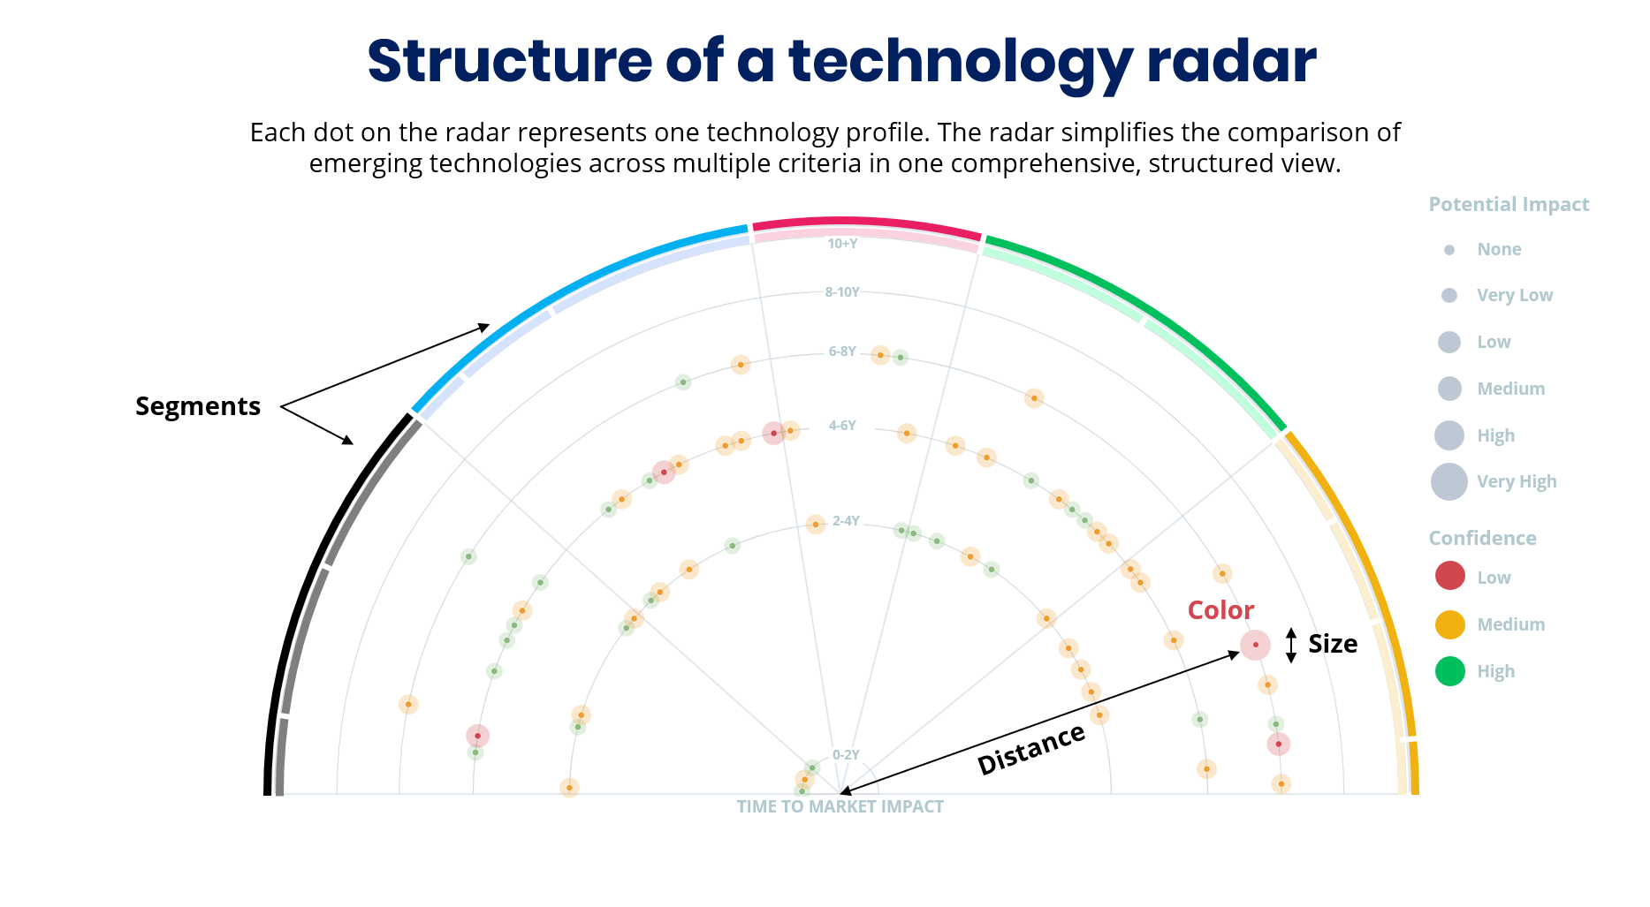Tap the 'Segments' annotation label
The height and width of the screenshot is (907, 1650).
pos(198,406)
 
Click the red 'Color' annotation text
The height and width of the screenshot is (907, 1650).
pos(1220,610)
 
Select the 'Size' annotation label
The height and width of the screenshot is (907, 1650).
pos(1333,644)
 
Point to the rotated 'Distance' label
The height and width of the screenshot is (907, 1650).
pos(1031,749)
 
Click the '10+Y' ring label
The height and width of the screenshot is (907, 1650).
pos(842,244)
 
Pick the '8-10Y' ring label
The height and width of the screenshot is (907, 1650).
pos(841,292)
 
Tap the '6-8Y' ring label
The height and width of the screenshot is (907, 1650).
pos(841,351)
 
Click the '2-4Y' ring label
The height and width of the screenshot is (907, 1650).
pos(846,521)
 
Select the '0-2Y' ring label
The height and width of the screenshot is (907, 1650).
pos(846,755)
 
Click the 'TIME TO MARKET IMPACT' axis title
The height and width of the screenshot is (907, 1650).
pos(840,806)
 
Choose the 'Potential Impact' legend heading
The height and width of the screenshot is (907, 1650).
pos(1509,205)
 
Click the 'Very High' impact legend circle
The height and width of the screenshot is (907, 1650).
pos(1449,482)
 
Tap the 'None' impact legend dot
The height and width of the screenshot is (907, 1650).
pos(1449,250)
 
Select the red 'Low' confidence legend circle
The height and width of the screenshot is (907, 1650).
pos(1450,577)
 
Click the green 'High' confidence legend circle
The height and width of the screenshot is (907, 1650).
pos(1450,671)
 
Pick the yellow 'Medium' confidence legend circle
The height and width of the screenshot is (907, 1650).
pos(1450,624)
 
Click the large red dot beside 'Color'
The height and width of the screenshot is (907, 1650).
pos(1255,646)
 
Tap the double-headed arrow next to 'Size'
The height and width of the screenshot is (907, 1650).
pos(1291,646)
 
